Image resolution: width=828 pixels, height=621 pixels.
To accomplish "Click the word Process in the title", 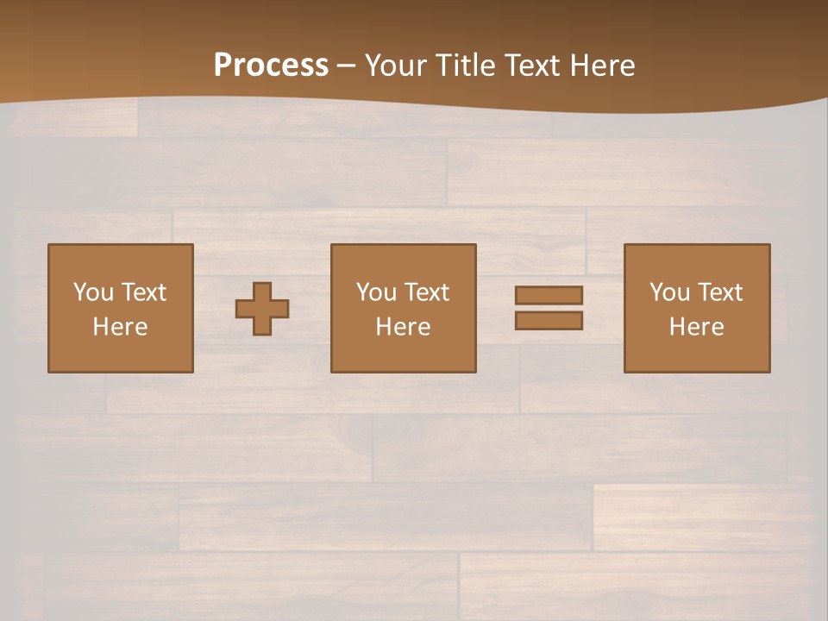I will (271, 66).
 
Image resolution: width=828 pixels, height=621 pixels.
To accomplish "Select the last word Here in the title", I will (603, 66).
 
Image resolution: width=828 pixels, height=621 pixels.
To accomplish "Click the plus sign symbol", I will (262, 309).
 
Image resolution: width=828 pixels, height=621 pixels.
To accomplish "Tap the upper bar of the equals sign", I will (549, 295).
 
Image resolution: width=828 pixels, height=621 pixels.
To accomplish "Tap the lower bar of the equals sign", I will (549, 321).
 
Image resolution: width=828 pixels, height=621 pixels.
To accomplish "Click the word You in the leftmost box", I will (93, 292).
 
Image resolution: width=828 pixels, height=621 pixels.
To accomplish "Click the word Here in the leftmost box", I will (121, 327).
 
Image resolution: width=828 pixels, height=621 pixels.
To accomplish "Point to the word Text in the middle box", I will (427, 292).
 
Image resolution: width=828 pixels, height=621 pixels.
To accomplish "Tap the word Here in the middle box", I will (404, 327).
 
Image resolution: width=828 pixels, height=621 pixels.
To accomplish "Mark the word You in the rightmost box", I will (669, 292).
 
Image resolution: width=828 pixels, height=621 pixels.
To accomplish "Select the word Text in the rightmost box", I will (720, 292).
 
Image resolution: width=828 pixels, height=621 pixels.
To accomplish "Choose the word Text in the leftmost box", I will (144, 292).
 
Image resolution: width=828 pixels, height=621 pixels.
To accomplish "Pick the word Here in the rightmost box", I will (697, 327).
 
